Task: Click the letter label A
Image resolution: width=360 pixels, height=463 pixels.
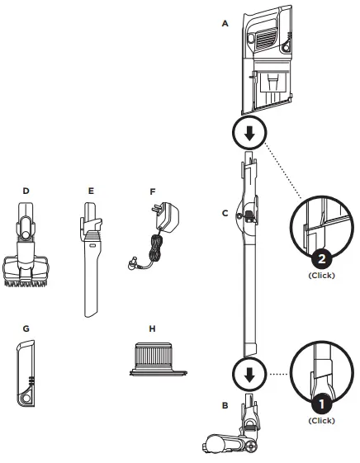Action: click(x=225, y=25)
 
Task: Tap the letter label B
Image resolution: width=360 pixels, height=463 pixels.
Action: click(x=225, y=405)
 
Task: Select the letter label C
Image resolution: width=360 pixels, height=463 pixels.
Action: click(x=225, y=213)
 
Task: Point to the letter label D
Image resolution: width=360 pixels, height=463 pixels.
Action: click(x=26, y=191)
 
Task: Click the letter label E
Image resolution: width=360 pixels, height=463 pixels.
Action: click(x=91, y=191)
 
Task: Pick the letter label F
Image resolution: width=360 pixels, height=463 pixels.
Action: click(x=152, y=191)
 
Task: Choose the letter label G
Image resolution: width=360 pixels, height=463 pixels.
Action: click(x=26, y=328)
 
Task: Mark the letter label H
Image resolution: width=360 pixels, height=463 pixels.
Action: click(x=152, y=328)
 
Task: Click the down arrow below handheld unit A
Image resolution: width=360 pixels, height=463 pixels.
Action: click(x=253, y=131)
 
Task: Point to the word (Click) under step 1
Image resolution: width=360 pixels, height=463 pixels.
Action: click(x=321, y=420)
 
